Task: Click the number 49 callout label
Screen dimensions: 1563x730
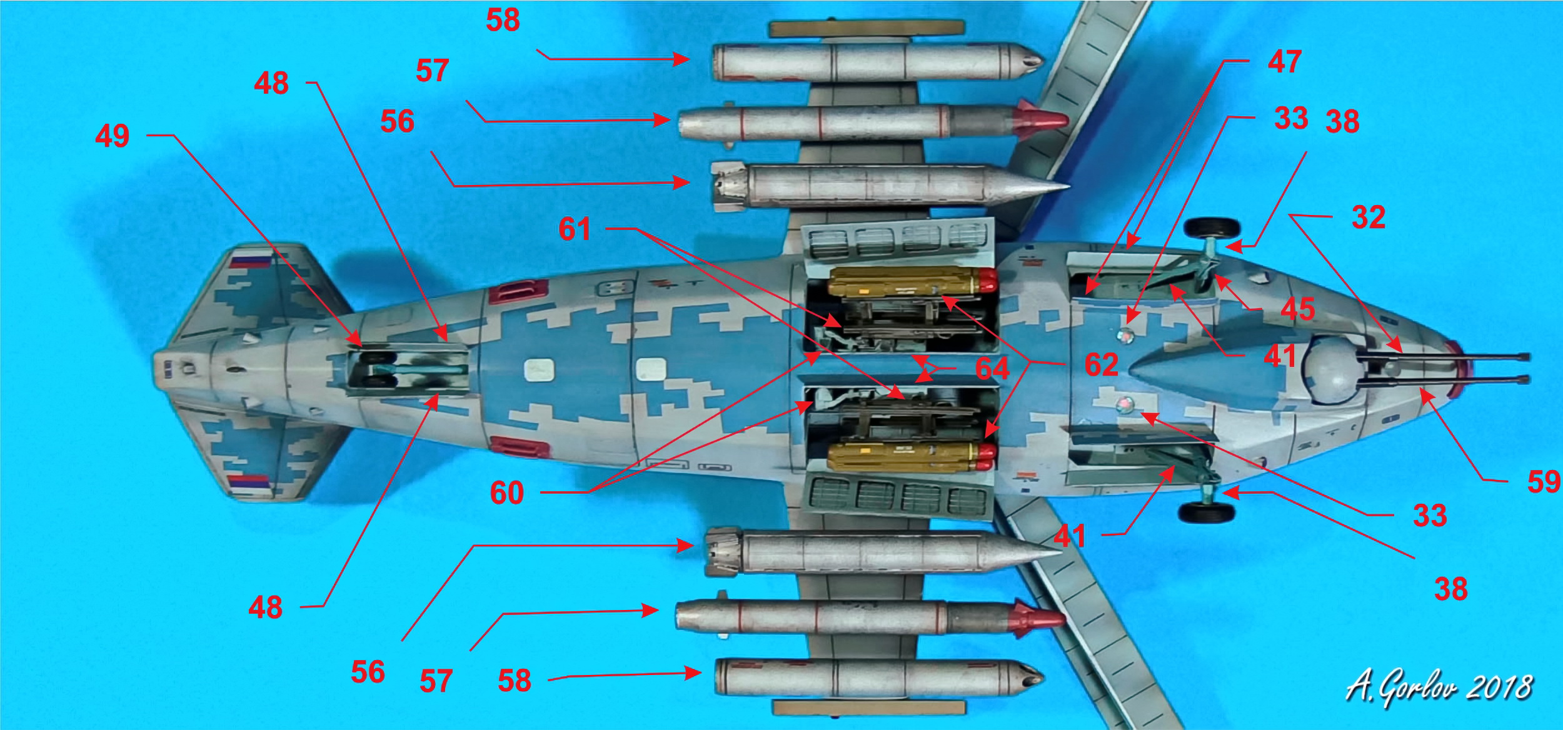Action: [113, 136]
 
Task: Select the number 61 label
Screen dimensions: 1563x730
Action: [575, 229]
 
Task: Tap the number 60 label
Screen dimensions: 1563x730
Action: [506, 493]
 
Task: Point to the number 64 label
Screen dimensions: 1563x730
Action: [993, 369]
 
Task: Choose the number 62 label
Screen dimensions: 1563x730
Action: [1102, 364]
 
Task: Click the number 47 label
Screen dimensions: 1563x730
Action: [1285, 62]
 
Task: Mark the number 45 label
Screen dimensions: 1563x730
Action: [1298, 309]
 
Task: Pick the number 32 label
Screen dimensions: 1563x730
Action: [1369, 217]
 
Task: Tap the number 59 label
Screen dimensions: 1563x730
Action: [1544, 482]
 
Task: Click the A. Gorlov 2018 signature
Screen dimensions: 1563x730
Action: [1438, 688]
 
